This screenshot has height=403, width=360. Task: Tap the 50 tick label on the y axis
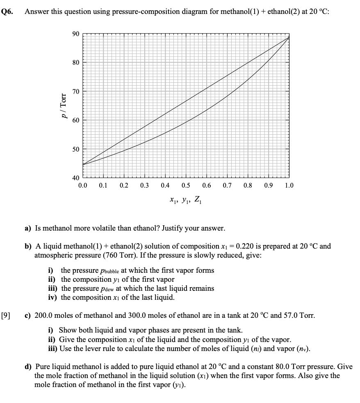point(75,149)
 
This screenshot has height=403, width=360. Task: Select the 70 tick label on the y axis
point(75,91)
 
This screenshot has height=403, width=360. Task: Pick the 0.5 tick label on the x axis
point(186,186)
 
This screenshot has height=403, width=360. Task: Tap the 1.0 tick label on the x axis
point(289,186)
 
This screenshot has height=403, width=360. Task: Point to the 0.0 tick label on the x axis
point(83,186)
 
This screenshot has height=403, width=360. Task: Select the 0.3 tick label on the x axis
point(144,186)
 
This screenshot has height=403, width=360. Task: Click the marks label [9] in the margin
point(7,316)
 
